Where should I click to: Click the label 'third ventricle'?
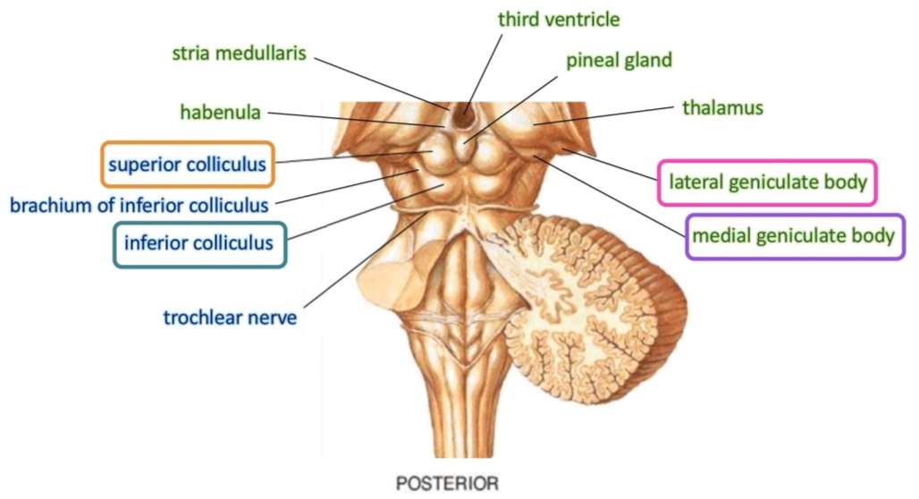[x=560, y=19]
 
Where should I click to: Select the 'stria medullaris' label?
[x=239, y=53]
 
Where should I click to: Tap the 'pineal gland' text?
[x=619, y=61]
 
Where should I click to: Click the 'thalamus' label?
[x=722, y=108]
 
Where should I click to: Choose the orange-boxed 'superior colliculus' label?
[x=187, y=165]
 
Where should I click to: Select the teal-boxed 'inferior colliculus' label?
[x=199, y=242]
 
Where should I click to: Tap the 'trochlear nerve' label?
[x=230, y=317]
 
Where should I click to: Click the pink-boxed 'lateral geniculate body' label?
[x=767, y=183]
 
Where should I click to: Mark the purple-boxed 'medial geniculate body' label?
[x=794, y=236]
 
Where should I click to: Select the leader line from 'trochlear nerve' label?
[x=358, y=265]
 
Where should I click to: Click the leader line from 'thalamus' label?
[x=608, y=115]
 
